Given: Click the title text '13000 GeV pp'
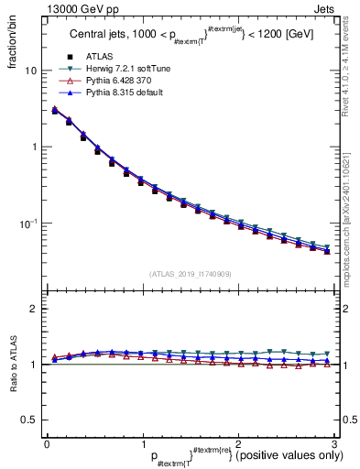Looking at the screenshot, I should (63, 8).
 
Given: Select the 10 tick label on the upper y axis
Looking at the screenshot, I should (29, 71).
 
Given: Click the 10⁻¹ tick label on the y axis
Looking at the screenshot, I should (27, 224).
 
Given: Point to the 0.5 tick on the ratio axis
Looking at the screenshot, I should (29, 420).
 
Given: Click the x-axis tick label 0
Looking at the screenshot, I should (46, 443).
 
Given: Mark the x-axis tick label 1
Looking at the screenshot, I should (142, 443).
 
